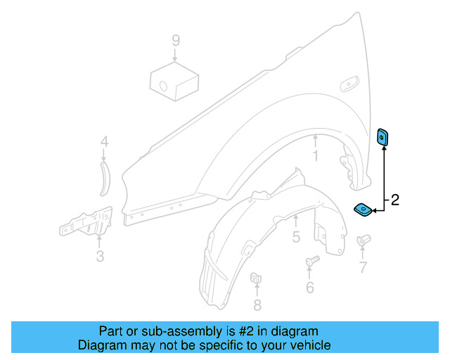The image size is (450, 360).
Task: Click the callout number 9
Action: (x=175, y=41)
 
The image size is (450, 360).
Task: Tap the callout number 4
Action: (x=104, y=142)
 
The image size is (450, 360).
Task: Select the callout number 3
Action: (x=100, y=257)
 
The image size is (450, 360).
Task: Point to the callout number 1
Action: (x=316, y=155)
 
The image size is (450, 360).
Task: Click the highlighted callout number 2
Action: (x=394, y=200)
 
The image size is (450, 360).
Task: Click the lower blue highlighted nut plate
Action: (x=364, y=209)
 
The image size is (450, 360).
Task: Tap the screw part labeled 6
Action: (x=312, y=262)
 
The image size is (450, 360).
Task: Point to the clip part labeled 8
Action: (x=257, y=278)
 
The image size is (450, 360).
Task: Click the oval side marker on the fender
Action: (x=349, y=86)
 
